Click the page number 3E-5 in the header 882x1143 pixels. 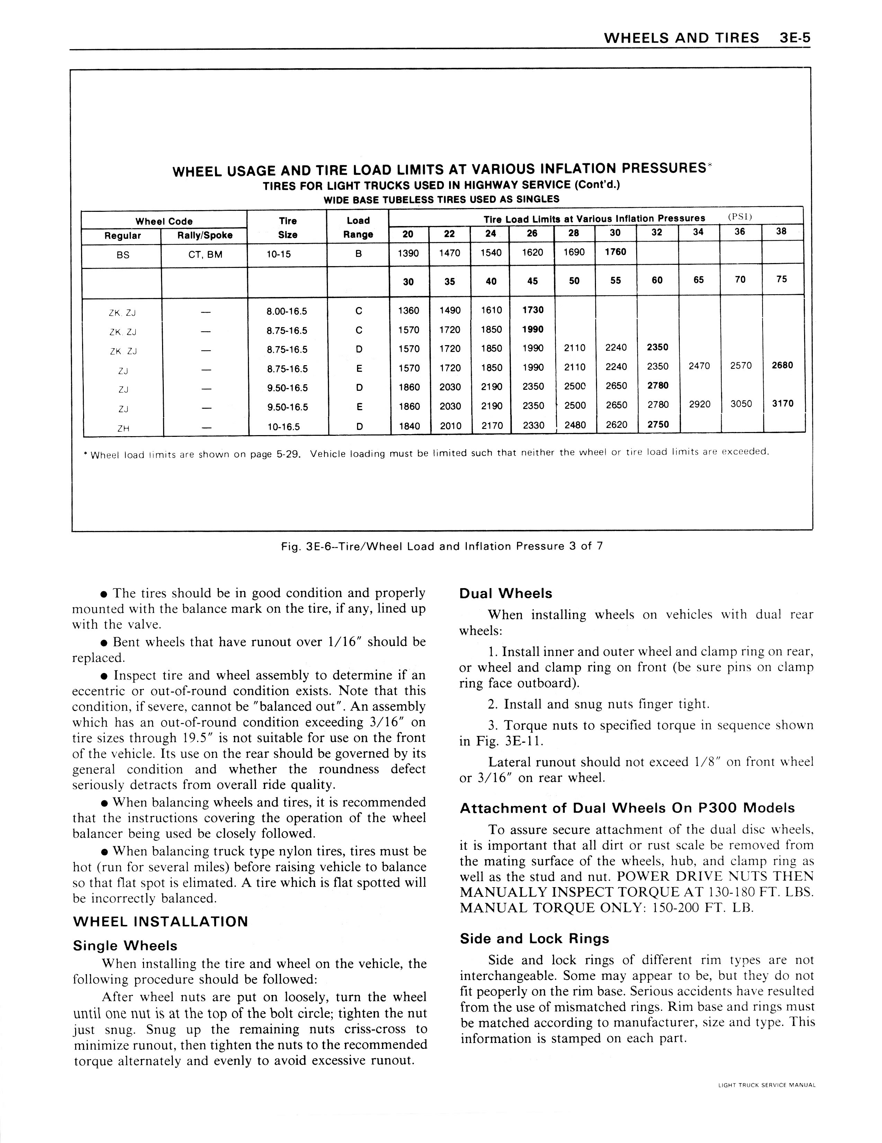click(794, 38)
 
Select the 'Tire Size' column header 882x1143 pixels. click(287, 228)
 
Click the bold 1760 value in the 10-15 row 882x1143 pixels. click(615, 252)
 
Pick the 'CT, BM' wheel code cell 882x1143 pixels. click(205, 255)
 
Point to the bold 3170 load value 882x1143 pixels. click(783, 404)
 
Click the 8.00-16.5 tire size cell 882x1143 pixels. click(287, 312)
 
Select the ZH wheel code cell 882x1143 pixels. click(123, 428)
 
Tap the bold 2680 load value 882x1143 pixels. click(782, 365)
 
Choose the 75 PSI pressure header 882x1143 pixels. click(782, 279)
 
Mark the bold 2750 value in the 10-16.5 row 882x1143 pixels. click(658, 424)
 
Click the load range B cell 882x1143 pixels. click(358, 255)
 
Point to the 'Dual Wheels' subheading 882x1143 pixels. click(505, 593)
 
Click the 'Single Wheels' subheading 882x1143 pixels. click(125, 946)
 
